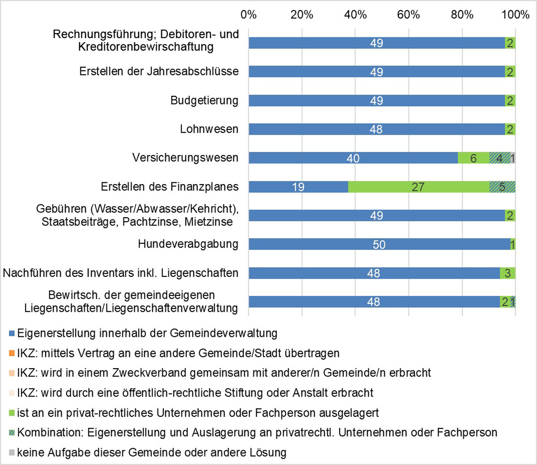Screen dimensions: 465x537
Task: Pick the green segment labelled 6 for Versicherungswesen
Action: click(x=473, y=158)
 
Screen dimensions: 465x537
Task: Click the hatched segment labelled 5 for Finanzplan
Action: click(x=502, y=187)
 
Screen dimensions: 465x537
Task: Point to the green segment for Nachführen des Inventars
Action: click(x=507, y=273)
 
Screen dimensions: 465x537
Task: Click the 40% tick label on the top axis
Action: click(x=355, y=15)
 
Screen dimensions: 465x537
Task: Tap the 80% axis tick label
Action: click(x=462, y=15)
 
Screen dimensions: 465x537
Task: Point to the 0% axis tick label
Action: click(x=248, y=15)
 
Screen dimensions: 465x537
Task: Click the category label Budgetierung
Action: click(x=204, y=100)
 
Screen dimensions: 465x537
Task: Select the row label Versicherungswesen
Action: click(x=185, y=158)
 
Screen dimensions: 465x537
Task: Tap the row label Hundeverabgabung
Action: click(x=188, y=244)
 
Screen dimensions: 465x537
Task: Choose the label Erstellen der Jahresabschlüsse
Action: click(x=159, y=72)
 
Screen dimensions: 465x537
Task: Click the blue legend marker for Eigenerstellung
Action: click(x=12, y=334)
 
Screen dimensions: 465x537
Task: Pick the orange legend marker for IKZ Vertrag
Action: click(x=12, y=353)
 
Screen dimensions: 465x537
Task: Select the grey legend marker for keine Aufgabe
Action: click(x=12, y=453)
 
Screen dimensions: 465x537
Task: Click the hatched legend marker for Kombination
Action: click(x=12, y=433)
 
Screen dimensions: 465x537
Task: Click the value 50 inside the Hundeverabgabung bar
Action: click(x=379, y=245)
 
